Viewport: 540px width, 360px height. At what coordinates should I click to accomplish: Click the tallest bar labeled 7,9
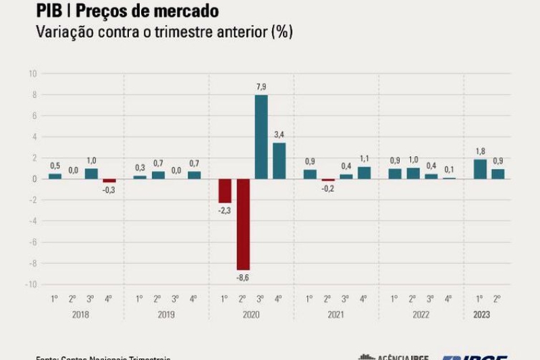coord(261,136)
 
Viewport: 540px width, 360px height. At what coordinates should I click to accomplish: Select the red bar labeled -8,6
coord(243,224)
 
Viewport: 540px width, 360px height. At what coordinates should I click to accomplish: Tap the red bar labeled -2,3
coord(225,190)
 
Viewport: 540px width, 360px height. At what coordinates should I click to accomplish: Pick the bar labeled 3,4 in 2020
coord(279,161)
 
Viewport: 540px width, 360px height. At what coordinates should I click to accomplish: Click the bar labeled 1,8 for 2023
coord(480,169)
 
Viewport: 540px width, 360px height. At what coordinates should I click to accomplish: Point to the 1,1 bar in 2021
coord(364,173)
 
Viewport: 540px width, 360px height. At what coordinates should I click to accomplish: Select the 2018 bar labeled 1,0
coord(91,174)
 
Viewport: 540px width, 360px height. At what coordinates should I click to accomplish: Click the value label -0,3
coord(109,190)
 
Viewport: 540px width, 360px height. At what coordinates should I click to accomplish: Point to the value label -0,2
coord(328,188)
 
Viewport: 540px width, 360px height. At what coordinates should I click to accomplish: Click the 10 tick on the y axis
coord(32,73)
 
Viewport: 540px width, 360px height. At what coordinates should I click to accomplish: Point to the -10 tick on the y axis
coord(30,284)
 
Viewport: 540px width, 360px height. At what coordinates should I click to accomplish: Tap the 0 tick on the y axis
coord(33,179)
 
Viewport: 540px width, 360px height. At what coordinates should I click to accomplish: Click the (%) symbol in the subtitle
coord(281,32)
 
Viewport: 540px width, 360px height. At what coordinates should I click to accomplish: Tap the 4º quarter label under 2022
coord(448,299)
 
